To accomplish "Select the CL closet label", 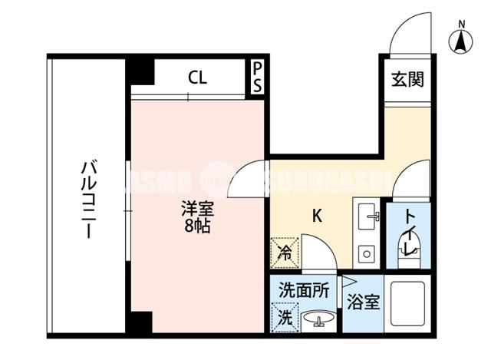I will click(x=197, y=77).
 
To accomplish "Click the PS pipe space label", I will click(x=258, y=78).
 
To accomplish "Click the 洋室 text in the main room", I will click(x=197, y=209).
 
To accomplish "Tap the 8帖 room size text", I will click(x=197, y=226).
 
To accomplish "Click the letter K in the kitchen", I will click(x=316, y=216).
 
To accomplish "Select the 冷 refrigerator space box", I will click(x=283, y=250).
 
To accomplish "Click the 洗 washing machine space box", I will click(x=283, y=315).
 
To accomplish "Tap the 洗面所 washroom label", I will click(x=304, y=291).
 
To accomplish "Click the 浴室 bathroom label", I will click(x=362, y=302).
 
